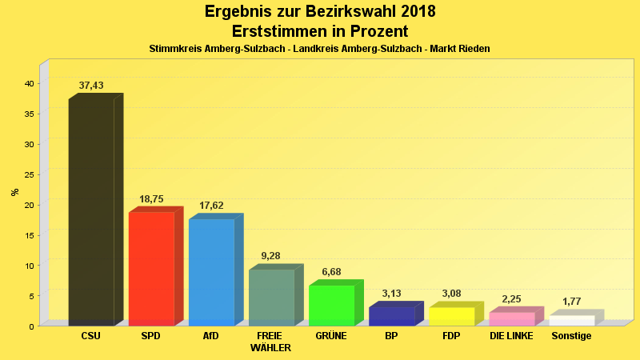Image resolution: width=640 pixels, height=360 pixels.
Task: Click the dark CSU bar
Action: coord(91,212)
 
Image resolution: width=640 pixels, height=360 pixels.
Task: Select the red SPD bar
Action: coord(151,268)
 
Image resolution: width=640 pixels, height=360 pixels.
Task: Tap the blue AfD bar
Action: coord(211,272)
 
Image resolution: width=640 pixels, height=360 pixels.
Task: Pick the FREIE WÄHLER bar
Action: coord(271,297)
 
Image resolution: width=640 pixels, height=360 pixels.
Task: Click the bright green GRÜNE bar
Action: coord(331,305)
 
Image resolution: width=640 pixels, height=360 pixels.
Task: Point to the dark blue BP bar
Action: coord(391,316)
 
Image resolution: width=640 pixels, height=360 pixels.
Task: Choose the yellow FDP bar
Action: coord(451,316)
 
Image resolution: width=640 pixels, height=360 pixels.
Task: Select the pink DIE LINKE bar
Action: coord(511,318)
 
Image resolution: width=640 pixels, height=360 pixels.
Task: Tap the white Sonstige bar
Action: coord(571,320)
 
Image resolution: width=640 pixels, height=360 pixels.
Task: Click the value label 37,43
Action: coord(91,86)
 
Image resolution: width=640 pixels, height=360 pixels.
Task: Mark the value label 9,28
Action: coord(272,256)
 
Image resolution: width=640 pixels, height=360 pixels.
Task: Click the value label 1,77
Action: coord(571,302)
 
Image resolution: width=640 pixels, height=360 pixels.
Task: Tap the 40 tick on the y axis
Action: coord(28,83)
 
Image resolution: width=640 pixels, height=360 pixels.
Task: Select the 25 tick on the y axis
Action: coord(28,174)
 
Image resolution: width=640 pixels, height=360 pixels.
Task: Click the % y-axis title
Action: coord(14,192)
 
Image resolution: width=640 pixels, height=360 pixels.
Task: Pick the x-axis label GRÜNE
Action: coord(331,336)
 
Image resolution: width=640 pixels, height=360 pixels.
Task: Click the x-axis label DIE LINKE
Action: coord(511,336)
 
